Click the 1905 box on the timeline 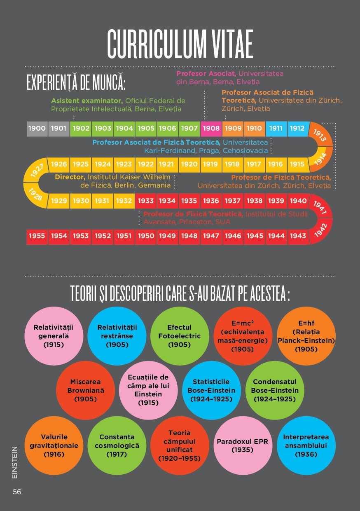pos(146,129)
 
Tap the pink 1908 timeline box pos(211,129)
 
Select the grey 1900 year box pos(37,129)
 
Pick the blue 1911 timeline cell pos(276,129)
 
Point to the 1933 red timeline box pos(146,201)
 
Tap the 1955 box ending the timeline pos(37,236)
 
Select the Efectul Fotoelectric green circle pos(179,336)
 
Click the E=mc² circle pos(243,336)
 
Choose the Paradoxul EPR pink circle pos(242,445)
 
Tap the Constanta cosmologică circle pos(117,445)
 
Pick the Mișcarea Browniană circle pos(85,390)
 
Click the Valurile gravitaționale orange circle pos(54,445)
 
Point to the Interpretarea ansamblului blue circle pos(306,445)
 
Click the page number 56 pos(17,492)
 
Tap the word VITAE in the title pos(227,44)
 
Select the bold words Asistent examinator pos(87,101)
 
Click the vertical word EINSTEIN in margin pos(15,462)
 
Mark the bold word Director pos(70,177)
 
